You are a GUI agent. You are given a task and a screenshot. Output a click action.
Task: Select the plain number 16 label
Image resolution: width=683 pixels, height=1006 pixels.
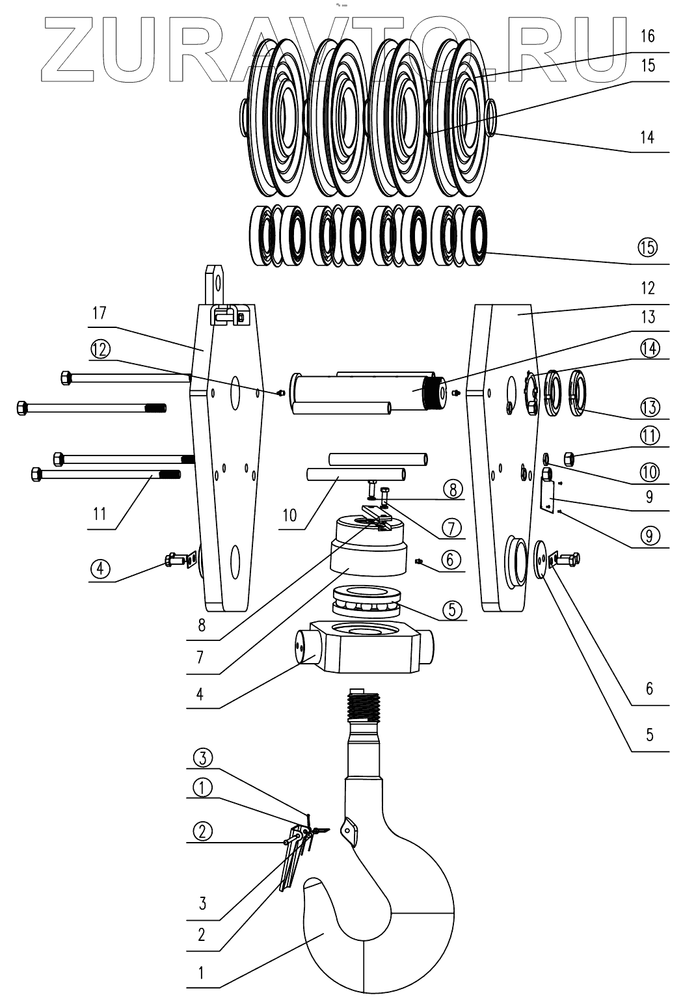coord(647,35)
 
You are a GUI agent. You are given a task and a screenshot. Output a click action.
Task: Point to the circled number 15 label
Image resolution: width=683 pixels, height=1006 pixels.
coord(648,247)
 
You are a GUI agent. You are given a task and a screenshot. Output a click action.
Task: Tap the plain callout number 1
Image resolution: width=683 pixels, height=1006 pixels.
coord(201,973)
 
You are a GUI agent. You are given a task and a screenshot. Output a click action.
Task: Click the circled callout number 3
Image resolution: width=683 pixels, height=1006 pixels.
coord(202,757)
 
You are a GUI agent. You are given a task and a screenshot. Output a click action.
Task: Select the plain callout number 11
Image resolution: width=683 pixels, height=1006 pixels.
coord(98,514)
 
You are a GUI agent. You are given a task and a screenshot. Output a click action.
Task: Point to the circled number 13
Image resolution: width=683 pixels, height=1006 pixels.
coord(649,407)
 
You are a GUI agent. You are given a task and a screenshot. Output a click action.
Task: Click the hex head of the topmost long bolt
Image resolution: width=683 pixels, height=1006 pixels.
coord(66,377)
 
